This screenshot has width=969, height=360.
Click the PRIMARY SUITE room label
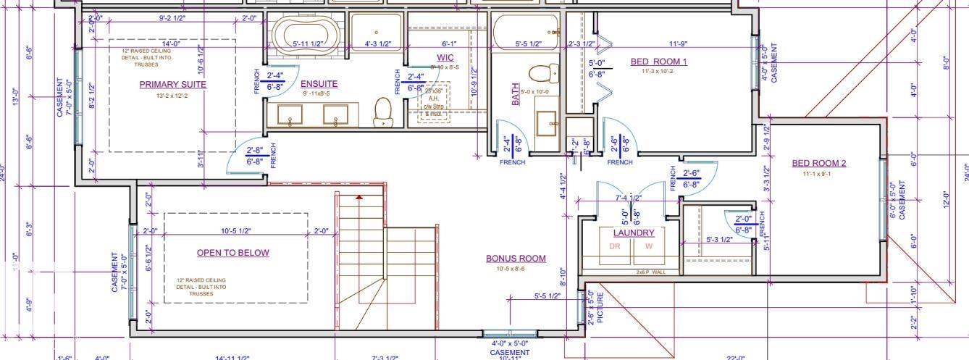click(172, 85)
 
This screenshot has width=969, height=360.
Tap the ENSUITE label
click(319, 84)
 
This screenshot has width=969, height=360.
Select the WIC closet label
click(445, 57)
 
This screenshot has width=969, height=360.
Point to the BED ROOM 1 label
click(658, 62)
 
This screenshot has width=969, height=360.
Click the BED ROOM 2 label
click(818, 163)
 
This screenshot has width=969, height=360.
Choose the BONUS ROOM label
click(516, 259)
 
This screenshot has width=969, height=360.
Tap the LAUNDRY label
click(634, 233)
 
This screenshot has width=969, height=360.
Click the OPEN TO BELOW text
click(233, 253)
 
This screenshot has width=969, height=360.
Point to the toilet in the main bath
click(544, 73)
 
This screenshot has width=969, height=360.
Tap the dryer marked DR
click(615, 246)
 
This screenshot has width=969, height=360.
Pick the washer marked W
click(649, 246)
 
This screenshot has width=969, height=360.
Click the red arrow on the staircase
click(359, 196)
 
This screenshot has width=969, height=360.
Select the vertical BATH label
click(516, 95)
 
